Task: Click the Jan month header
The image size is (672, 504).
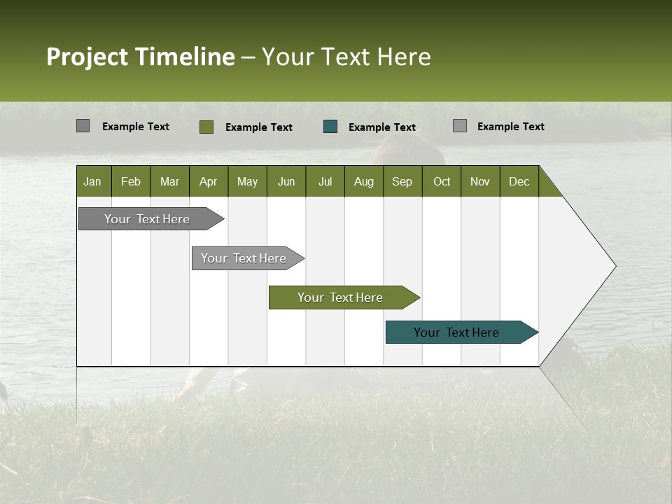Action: (x=93, y=181)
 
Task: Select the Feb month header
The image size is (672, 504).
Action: (x=131, y=181)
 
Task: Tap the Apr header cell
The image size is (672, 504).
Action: (x=208, y=181)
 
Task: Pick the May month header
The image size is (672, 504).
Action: (x=247, y=181)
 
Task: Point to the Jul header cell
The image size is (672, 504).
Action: (x=325, y=181)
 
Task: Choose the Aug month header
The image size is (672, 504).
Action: (x=363, y=181)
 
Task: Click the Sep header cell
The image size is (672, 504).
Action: (x=402, y=181)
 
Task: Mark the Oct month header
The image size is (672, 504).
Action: (x=442, y=181)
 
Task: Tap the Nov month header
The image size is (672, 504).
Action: (x=480, y=181)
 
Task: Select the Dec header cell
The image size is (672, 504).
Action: (x=519, y=181)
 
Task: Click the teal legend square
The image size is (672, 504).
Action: (x=330, y=127)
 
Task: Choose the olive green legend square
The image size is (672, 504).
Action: (x=206, y=127)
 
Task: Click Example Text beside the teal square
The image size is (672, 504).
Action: (x=382, y=127)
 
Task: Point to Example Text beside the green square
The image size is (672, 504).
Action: (x=259, y=127)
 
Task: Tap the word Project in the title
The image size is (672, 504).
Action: (x=87, y=57)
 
